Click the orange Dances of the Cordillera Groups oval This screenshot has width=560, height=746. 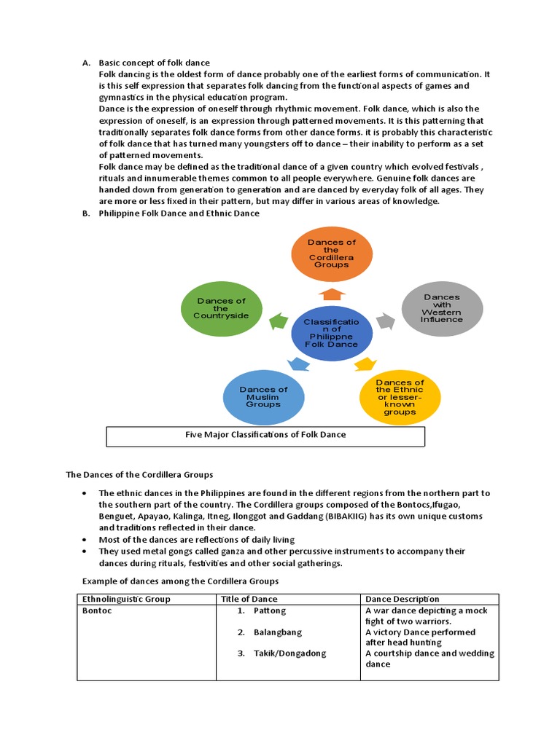(x=332, y=254)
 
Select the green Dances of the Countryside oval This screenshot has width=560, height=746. (x=221, y=308)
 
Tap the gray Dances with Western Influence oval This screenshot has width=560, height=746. (x=442, y=308)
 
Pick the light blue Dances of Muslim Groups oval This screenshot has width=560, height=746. (x=263, y=397)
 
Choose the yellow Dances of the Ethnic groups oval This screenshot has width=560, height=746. (x=400, y=397)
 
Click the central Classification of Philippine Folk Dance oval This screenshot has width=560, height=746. (x=332, y=333)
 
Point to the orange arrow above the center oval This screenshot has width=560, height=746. (x=332, y=293)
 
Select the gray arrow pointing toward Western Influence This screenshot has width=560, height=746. (x=386, y=321)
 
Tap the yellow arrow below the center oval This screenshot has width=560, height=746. (x=365, y=363)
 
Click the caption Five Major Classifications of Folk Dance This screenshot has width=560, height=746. (x=265, y=435)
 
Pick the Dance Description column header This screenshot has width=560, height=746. (x=402, y=599)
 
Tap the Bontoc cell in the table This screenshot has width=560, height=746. (x=97, y=610)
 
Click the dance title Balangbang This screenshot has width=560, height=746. (x=277, y=632)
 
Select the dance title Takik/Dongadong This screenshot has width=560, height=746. (x=289, y=653)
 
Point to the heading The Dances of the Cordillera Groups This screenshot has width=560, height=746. (x=139, y=474)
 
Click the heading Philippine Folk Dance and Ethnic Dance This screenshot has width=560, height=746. (x=179, y=213)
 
